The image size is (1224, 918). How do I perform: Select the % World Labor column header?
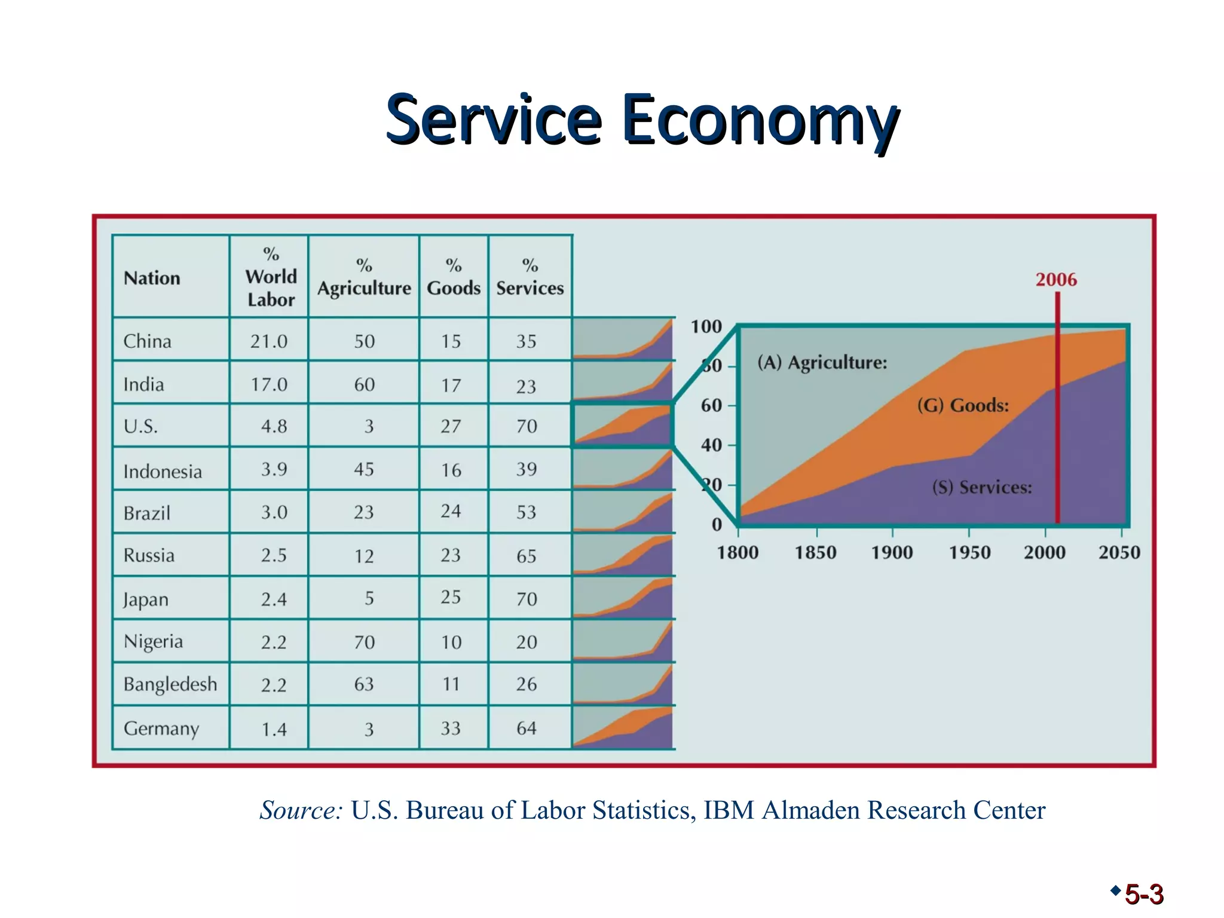tap(271, 277)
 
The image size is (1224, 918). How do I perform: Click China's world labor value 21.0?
tap(269, 341)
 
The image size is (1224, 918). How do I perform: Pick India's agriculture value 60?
tap(364, 384)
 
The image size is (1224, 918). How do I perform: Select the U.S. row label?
tap(140, 427)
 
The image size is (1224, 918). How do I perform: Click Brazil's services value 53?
tap(527, 512)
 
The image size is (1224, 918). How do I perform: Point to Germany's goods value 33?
tap(451, 728)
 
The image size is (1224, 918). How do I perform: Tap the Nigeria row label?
tap(153, 641)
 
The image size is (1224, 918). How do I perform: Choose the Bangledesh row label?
tap(170, 684)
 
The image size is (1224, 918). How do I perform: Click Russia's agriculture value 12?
tap(364, 556)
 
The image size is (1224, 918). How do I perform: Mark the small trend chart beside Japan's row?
tap(623, 598)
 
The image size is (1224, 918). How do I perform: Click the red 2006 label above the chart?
tap(1056, 280)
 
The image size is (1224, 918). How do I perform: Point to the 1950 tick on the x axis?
tap(969, 552)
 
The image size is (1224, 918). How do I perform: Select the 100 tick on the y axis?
tap(706, 327)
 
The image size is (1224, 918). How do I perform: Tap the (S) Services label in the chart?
tap(982, 488)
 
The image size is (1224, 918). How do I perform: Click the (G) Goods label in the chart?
tap(963, 406)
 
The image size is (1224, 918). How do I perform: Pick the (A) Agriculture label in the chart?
tap(822, 363)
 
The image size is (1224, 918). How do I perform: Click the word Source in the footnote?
tap(301, 810)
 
